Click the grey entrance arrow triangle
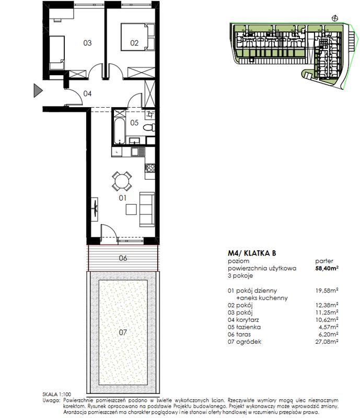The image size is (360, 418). coord(38,90)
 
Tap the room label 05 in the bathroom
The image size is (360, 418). coord(134,123)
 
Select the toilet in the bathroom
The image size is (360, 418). coord(149,127)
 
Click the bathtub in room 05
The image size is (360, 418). coord(119,131)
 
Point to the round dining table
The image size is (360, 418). coord(122,181)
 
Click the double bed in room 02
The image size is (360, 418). coord(137,37)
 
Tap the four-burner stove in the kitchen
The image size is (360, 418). coord(150,168)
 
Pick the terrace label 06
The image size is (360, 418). coord(123,258)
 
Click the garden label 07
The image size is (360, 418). coord(123,332)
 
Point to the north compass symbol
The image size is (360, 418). coord(335,18)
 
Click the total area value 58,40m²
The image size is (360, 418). coord(327,268)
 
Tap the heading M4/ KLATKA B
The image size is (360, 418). coord(252,253)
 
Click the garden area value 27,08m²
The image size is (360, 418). coord(327,342)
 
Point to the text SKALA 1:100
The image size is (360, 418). coord(57,394)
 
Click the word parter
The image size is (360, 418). coord(324,261)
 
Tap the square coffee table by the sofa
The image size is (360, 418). coord(132,210)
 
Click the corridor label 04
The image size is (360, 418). coord(87,94)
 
